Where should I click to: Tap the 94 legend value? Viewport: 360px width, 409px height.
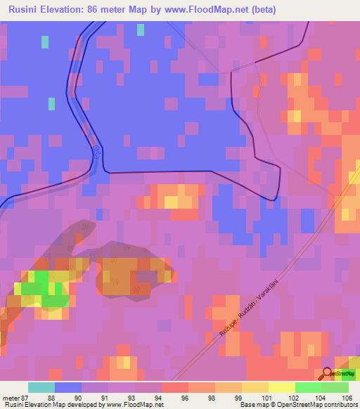[148, 397]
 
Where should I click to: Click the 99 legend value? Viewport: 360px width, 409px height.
[229, 397]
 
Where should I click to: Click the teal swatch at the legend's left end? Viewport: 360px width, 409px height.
[41, 387]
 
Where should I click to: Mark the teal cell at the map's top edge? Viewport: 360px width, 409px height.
[141, 29]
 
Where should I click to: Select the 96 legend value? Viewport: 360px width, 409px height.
[175, 397]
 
